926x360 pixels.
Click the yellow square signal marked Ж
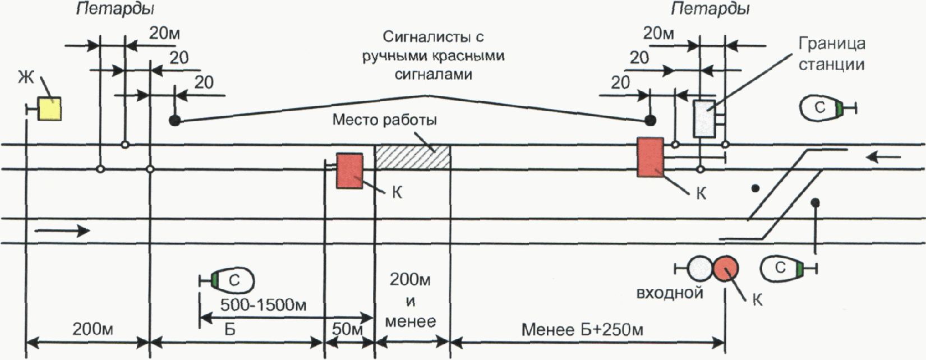click(x=49, y=108)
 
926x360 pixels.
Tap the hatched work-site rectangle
click(x=413, y=157)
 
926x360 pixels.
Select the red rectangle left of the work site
click(x=349, y=170)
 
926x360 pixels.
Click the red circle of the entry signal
click(x=726, y=268)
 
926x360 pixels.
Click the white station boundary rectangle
click(x=704, y=118)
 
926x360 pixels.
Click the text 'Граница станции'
click(x=832, y=54)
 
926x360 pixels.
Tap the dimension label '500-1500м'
click(x=259, y=306)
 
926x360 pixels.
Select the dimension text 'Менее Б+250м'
click(x=582, y=329)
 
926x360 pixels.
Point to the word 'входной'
click(x=670, y=293)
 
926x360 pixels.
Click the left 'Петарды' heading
click(x=115, y=10)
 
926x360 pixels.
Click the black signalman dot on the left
click(x=175, y=121)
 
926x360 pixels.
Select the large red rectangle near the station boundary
click(x=651, y=158)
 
